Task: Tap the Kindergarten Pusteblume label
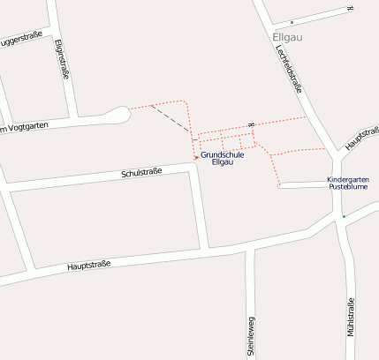348,184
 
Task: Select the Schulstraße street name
141,173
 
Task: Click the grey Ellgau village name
288,37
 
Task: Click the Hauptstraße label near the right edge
362,137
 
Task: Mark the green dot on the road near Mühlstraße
345,216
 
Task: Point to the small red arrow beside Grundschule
196,158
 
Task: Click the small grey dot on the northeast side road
291,22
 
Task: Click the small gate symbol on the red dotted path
252,124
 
